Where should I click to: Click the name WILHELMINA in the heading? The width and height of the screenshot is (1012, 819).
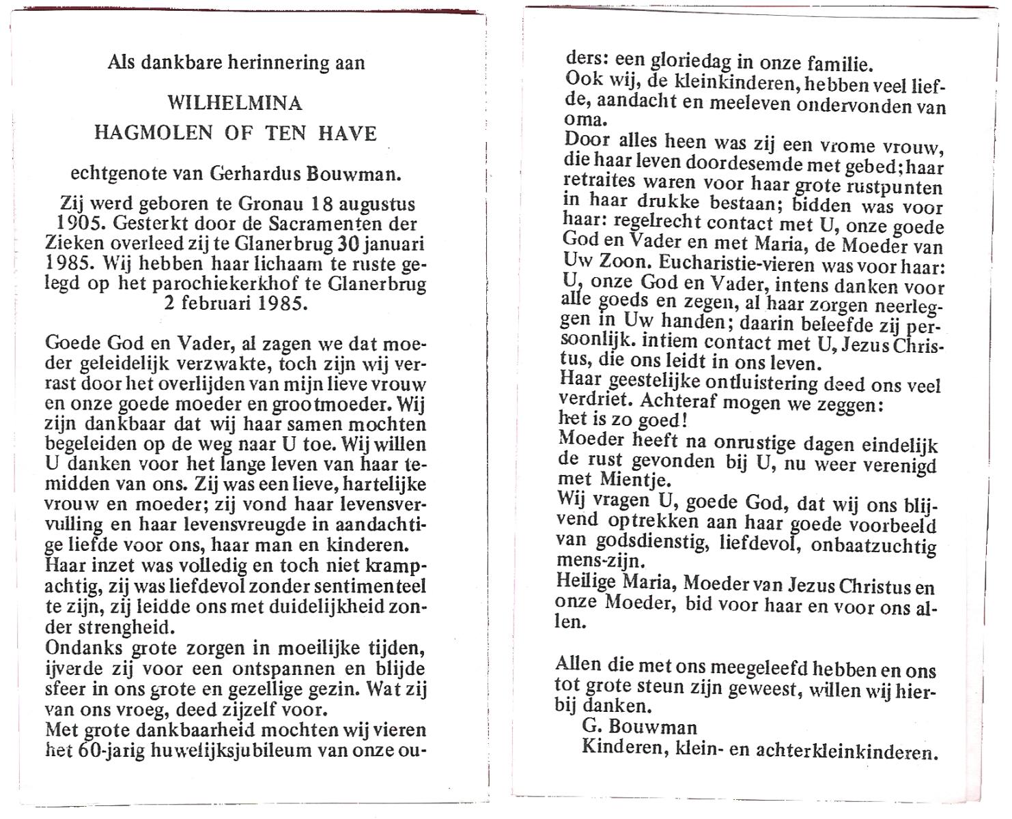[235, 103]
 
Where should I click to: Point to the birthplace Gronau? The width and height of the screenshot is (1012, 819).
[272, 204]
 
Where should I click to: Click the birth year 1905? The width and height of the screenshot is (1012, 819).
[75, 223]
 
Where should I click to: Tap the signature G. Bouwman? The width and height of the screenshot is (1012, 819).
[630, 727]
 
